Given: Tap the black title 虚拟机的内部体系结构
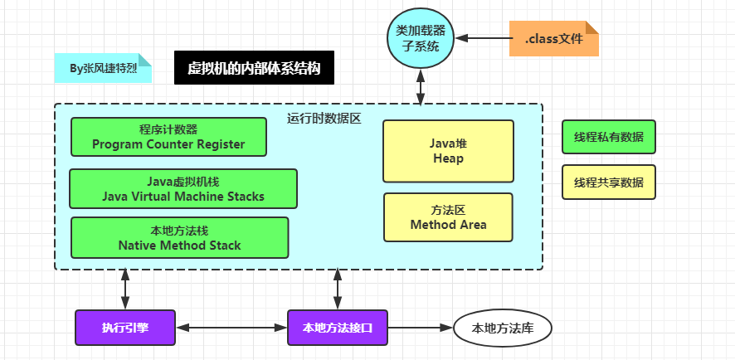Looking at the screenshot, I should click(x=254, y=69).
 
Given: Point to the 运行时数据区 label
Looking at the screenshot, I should click(x=324, y=119).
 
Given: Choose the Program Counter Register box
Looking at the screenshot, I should click(x=168, y=137).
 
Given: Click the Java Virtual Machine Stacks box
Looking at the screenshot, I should click(x=183, y=188).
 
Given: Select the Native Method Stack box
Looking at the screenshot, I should click(x=179, y=237).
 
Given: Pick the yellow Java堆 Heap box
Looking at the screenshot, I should click(x=448, y=151).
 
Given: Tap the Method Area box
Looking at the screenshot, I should click(x=448, y=217).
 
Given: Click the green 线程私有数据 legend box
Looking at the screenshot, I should click(x=608, y=137).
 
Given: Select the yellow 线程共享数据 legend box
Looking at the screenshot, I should click(x=608, y=182).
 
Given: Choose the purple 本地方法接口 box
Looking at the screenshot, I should click(x=337, y=328).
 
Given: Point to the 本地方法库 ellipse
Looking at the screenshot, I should click(x=503, y=328).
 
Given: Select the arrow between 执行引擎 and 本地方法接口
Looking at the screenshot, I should click(x=231, y=328).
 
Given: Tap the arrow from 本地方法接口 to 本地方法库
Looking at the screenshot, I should click(x=420, y=328).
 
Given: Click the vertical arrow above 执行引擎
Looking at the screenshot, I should click(x=125, y=289).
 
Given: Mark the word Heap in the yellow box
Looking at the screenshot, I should click(x=448, y=158).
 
